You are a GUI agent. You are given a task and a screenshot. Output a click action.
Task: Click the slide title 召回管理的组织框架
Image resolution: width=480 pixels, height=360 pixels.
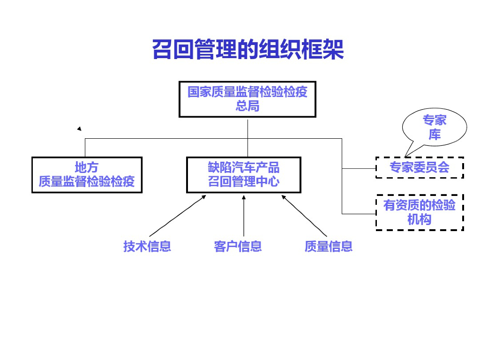point(248,50)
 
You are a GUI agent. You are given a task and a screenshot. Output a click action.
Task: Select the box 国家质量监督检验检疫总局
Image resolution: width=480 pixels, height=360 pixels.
point(247,99)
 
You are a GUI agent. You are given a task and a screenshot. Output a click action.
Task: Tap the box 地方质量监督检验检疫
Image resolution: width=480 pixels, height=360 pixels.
point(87,175)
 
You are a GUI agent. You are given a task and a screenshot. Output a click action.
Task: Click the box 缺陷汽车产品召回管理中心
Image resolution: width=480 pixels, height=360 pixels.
point(243,175)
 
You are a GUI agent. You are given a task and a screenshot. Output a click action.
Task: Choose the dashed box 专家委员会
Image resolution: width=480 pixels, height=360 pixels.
point(420,167)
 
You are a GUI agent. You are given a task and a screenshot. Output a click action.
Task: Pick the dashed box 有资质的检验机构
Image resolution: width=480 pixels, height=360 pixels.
point(420,212)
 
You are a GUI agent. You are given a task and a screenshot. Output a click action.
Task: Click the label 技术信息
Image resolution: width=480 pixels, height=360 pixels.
point(147,246)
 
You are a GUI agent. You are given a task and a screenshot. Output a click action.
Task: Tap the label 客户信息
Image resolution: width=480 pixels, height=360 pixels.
point(238,246)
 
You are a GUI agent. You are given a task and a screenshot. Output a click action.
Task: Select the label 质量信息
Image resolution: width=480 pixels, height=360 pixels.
point(328,246)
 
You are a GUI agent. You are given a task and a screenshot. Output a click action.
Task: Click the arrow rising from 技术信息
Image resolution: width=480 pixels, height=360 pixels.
point(178,216)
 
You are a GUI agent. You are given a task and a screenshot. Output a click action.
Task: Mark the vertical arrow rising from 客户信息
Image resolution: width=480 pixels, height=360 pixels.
point(244,216)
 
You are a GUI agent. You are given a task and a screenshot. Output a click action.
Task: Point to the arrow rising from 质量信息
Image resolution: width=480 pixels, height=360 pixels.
point(304,216)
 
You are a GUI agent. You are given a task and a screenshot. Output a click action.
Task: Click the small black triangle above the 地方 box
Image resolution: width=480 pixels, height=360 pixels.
point(79,128)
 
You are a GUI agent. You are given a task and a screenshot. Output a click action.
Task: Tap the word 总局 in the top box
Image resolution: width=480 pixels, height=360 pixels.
point(247,106)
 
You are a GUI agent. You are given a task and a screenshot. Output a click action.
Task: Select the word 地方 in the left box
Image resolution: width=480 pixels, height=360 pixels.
point(87,167)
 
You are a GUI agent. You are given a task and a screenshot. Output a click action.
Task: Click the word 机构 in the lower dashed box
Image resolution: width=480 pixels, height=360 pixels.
point(420,219)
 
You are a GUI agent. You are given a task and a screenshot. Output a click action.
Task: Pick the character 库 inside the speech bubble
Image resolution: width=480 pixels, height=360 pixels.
point(435,135)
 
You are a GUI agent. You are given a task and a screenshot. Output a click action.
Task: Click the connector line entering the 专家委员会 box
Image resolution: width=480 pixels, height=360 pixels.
point(359,168)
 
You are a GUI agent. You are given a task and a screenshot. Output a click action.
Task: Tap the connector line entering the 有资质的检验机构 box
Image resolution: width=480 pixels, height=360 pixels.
point(359,214)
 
